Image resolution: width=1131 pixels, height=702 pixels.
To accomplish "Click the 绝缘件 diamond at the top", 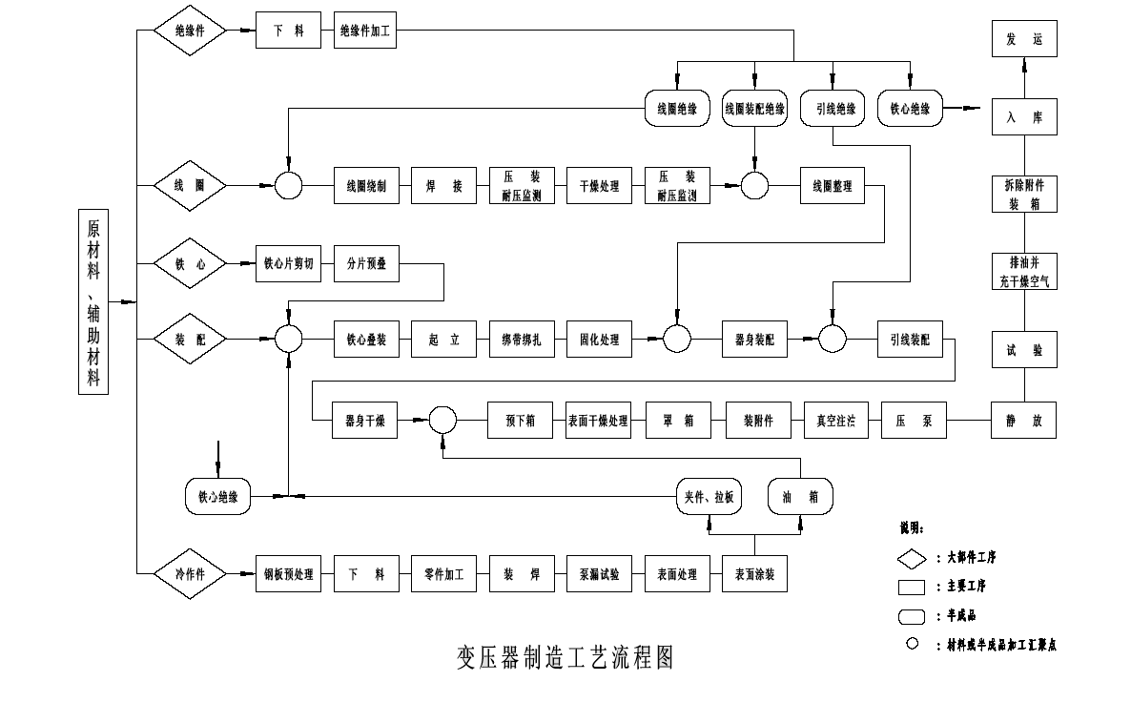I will click(192, 31).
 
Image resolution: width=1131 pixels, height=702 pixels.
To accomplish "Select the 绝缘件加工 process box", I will click(366, 31).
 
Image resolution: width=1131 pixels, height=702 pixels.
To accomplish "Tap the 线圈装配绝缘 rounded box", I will click(755, 109).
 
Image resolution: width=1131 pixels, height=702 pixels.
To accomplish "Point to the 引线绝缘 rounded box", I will click(833, 109).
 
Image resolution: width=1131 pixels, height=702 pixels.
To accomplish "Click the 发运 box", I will click(1024, 39).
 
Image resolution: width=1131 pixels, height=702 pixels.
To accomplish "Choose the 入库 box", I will click(1024, 117).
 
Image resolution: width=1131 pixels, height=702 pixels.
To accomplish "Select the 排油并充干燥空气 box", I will click(1024, 272).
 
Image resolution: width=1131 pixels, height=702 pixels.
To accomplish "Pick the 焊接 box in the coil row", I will click(444, 187).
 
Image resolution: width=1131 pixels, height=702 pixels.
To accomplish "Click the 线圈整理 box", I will click(833, 187).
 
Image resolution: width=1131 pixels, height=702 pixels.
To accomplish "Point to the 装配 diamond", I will click(192, 340).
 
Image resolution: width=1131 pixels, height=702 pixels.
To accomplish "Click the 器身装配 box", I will click(755, 340).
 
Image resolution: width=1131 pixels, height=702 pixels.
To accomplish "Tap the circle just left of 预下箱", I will click(442, 420).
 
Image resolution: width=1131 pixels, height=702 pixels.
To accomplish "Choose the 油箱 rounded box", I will click(800, 496).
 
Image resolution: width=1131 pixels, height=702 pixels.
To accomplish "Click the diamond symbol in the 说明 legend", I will click(913, 557).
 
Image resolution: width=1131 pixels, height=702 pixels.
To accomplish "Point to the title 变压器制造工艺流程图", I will click(565, 657).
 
